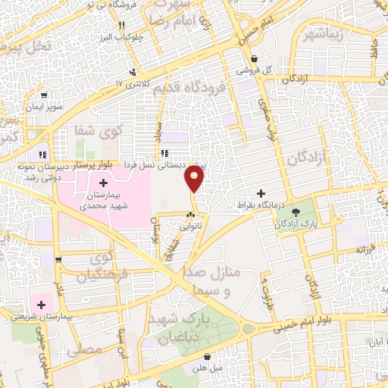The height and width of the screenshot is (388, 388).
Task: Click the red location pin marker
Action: tap(195, 179)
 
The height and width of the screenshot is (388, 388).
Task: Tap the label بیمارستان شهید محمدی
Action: tap(102, 199)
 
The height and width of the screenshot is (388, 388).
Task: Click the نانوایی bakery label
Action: tap(189, 225)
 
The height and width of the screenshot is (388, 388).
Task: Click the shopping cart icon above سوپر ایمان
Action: tap(45, 96)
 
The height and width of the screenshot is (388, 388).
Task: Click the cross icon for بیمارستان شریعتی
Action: tap(41, 305)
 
